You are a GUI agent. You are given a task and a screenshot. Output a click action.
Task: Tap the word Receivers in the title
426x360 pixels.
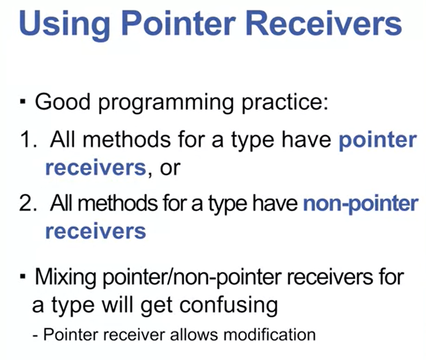click(x=324, y=23)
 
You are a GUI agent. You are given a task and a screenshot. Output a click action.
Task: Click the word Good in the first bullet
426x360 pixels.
click(x=63, y=102)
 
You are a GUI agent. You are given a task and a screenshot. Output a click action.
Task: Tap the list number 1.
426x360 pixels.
click(x=28, y=140)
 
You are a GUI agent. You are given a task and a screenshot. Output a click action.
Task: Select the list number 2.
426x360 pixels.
click(x=28, y=203)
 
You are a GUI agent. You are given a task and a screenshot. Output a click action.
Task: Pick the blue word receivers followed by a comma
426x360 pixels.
click(x=96, y=167)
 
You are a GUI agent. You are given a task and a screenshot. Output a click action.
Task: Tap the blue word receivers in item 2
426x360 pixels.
click(x=96, y=231)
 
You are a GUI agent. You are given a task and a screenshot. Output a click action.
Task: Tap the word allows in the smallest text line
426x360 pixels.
click(x=194, y=335)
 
